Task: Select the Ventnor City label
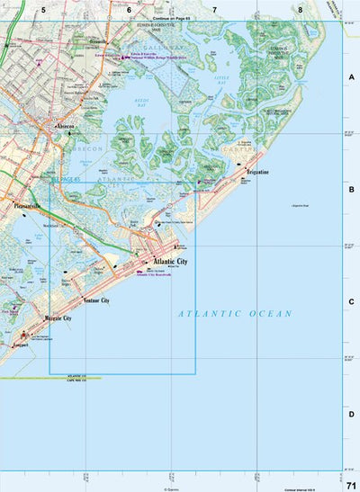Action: [95, 300]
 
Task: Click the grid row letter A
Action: [351, 77]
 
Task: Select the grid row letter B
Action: [351, 190]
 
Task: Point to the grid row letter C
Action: [351, 302]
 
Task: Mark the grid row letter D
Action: [351, 414]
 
